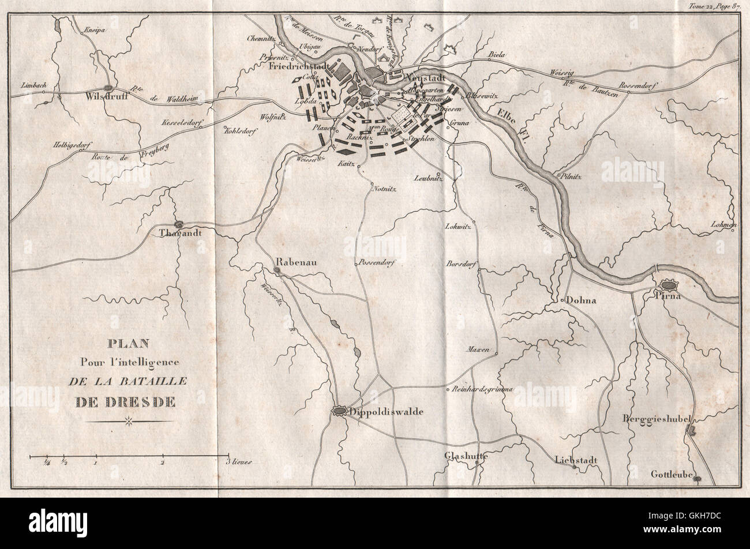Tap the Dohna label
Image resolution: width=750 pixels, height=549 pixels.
pos(580,300)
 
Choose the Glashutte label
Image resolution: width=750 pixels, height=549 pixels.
pos(466,456)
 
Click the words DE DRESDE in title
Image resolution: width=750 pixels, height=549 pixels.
pos(127,401)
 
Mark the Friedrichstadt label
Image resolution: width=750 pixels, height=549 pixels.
pos(298,66)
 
